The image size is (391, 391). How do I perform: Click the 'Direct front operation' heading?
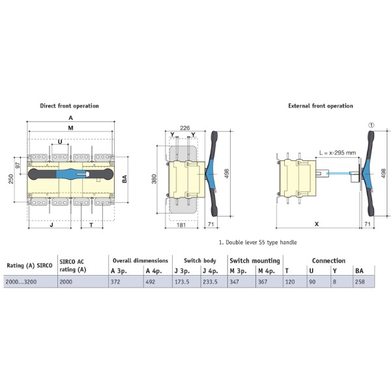coord(69,106)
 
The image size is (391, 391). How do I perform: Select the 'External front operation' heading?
coord(321,106)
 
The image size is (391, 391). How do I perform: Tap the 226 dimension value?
coord(185,128)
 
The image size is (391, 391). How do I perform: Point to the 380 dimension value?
coord(154,179)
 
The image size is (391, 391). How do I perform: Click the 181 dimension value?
coord(181,225)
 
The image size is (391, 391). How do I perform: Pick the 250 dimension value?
coord(11,179)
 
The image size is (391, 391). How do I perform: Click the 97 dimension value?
coord(18,166)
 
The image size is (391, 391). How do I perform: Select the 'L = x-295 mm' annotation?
coord(338,152)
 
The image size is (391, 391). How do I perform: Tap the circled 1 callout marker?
coord(371,125)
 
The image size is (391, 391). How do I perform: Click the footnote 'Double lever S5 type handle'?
coord(261,242)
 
